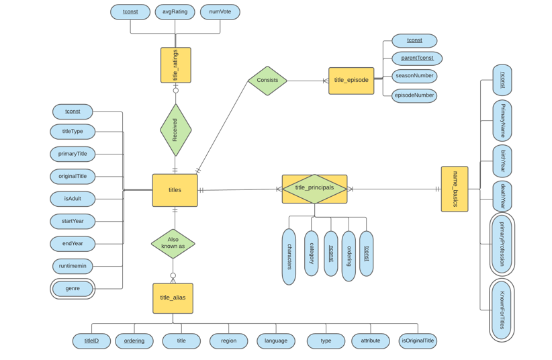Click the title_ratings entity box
pyautogui.click(x=175, y=65)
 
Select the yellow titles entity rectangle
pyautogui.click(x=175, y=190)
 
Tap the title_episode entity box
pyautogui.click(x=351, y=81)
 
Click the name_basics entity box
pyautogui.click(x=455, y=189)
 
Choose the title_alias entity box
pyautogui.click(x=173, y=298)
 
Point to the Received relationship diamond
pyautogui.click(x=175, y=130)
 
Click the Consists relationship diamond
pyautogui.click(x=267, y=81)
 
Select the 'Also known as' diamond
pyautogui.click(x=173, y=243)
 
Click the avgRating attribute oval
pyautogui.click(x=175, y=12)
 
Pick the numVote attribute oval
pyautogui.click(x=220, y=12)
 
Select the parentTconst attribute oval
pyautogui.click(x=417, y=58)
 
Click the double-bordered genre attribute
pyautogui.click(x=73, y=289)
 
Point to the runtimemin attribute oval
pyautogui.click(x=73, y=266)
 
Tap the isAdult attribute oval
pyautogui.click(x=73, y=199)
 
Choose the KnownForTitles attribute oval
pyautogui.click(x=502, y=310)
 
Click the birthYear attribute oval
pyautogui.click(x=502, y=161)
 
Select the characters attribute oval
pyautogui.click(x=289, y=257)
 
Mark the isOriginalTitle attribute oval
pyautogui.click(x=418, y=341)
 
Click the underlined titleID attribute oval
pyautogui.click(x=91, y=341)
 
